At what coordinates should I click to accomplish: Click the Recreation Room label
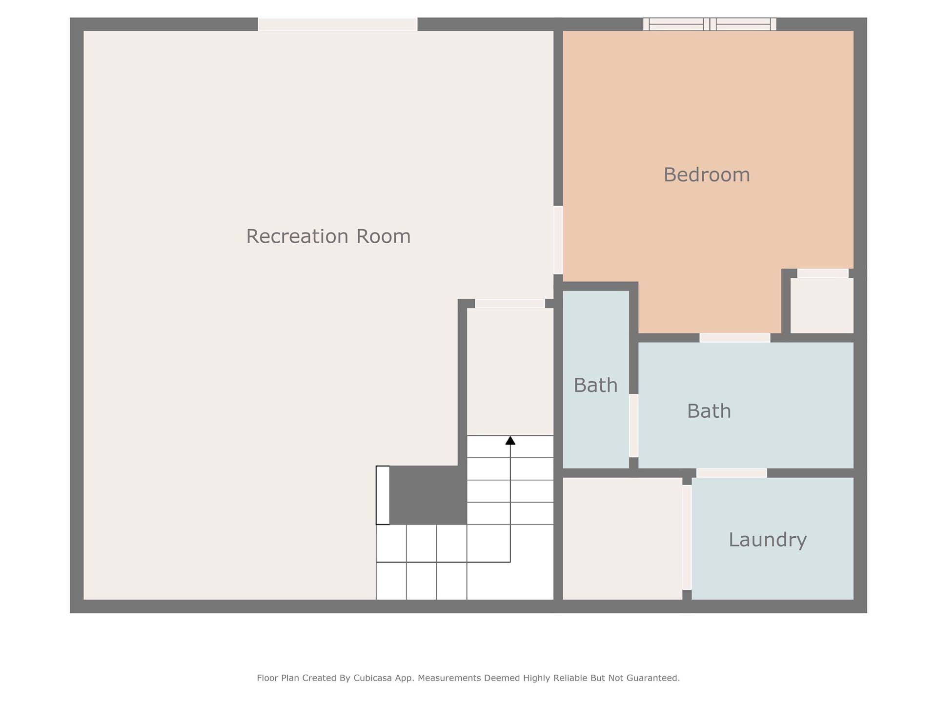click(x=328, y=236)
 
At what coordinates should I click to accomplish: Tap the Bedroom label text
click(x=707, y=175)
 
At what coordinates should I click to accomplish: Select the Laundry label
click(x=768, y=540)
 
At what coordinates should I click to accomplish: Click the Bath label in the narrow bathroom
click(x=595, y=385)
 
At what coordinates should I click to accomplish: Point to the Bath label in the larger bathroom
click(x=709, y=411)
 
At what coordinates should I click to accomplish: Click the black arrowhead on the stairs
click(x=510, y=440)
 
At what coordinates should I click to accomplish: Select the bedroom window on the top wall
click(x=710, y=24)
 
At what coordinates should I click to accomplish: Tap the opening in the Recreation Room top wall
click(x=338, y=24)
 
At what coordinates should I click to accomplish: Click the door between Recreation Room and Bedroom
click(x=558, y=240)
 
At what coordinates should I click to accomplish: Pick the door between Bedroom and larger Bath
click(x=735, y=338)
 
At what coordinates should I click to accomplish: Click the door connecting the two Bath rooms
click(x=633, y=426)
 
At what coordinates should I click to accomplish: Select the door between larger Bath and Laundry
click(x=732, y=473)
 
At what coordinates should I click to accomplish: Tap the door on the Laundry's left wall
click(x=687, y=537)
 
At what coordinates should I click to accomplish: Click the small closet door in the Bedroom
click(x=823, y=273)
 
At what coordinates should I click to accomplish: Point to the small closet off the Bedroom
click(x=822, y=306)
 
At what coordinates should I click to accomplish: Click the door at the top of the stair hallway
click(x=510, y=304)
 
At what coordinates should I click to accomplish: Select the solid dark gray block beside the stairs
click(x=428, y=495)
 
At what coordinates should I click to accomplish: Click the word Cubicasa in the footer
click(x=374, y=678)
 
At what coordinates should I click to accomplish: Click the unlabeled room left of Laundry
click(x=622, y=538)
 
